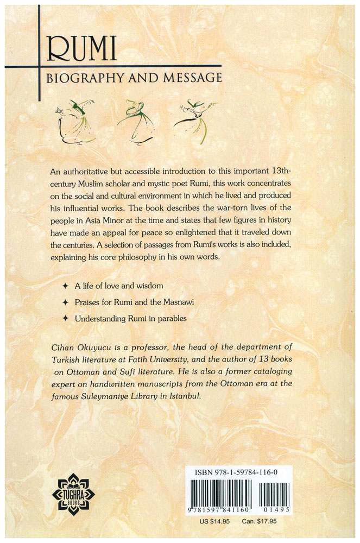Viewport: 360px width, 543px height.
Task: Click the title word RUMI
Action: [x=81, y=50]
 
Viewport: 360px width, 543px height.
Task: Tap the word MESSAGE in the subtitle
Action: [x=192, y=78]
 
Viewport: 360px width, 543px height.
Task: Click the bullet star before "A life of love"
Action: [x=65, y=286]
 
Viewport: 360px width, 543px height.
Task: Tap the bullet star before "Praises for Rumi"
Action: [x=65, y=302]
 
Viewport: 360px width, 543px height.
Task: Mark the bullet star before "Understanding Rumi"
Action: [x=65, y=319]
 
